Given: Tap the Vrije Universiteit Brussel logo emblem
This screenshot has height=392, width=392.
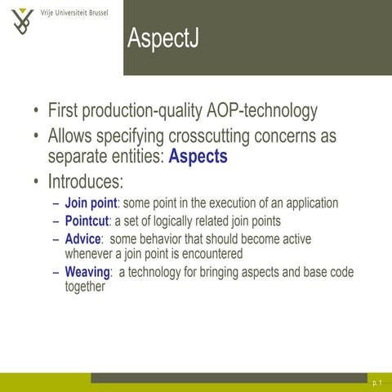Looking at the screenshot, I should point(24,22).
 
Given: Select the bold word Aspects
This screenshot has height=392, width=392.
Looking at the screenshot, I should point(198,156).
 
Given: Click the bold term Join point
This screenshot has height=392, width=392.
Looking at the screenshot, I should point(91,203).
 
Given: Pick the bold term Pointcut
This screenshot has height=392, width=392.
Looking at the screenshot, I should point(87,220).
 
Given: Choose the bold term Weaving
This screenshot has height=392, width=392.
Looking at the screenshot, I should point(87,272).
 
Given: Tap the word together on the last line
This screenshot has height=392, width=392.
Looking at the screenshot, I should point(85,287).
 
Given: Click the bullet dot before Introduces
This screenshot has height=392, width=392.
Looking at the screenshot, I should point(35,181).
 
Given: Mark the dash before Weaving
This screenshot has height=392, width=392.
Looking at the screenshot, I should point(55,272).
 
